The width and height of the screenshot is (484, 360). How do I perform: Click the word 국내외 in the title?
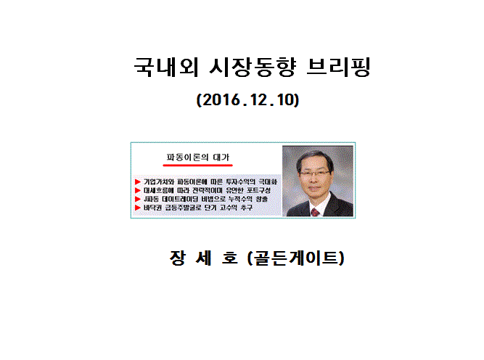166,67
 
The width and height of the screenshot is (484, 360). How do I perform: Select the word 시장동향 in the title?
253,67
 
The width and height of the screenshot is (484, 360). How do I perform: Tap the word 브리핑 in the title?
339,67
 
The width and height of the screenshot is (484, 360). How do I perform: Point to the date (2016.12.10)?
248,100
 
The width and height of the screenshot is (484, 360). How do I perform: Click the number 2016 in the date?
221,100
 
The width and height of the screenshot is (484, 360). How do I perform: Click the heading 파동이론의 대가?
198,157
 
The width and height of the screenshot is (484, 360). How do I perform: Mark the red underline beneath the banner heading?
198,165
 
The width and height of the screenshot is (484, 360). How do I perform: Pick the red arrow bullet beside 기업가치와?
138,182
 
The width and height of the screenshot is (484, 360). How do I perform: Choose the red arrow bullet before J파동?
138,199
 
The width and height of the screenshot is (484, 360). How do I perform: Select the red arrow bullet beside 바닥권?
138,208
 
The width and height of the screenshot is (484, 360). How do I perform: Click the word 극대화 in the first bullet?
268,182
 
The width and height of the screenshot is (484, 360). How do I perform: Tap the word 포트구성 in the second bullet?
258,190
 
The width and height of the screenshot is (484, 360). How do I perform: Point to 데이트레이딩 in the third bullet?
180,199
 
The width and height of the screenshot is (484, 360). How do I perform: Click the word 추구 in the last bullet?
247,208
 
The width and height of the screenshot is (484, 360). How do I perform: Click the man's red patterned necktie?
315,212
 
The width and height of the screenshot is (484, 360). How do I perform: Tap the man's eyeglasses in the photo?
313,173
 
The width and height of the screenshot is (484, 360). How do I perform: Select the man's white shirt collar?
320,205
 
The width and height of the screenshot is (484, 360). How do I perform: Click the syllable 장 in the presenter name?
178,258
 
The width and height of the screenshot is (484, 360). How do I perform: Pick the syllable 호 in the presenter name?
230,258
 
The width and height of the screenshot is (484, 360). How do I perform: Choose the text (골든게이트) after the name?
296,258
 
